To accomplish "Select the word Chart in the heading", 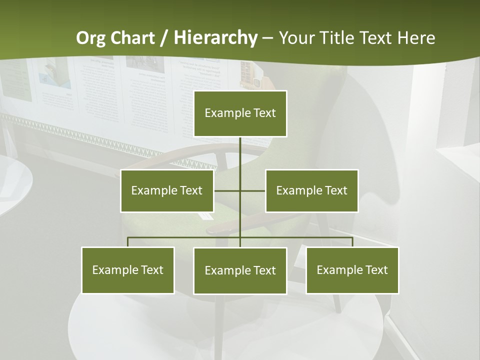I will click(131, 38).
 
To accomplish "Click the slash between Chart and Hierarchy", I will click(163, 38).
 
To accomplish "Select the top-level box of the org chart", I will click(240, 113).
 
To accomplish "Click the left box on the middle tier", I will click(167, 190).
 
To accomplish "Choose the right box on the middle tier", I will click(311, 190).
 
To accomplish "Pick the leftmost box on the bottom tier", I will click(128, 270).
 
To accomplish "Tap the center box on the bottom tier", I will click(240, 270).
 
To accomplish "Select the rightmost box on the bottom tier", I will click(352, 270).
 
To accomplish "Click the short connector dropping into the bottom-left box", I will click(128, 242).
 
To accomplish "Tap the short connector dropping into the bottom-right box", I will click(352, 242).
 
